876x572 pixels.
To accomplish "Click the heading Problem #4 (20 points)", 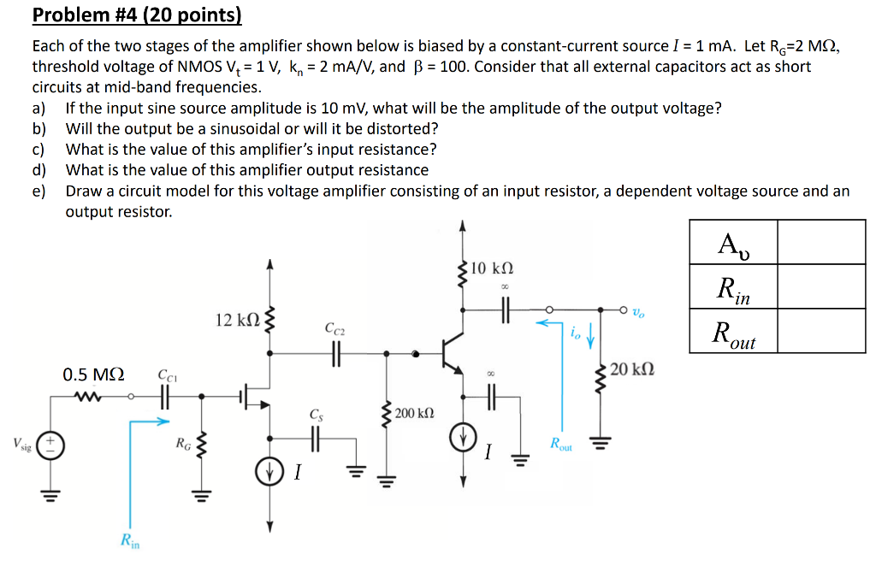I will [137, 15].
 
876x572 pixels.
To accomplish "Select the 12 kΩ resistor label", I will [235, 320].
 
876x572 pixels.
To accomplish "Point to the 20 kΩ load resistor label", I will [635, 369].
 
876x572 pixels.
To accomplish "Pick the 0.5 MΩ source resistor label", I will [93, 374].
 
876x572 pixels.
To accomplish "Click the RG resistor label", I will [183, 443].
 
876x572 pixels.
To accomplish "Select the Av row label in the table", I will [732, 244].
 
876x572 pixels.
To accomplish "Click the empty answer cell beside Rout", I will [821, 332].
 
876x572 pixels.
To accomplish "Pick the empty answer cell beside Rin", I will [821, 286].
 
